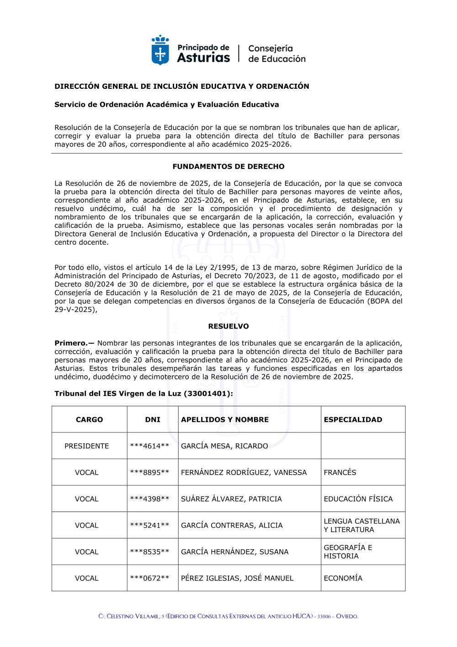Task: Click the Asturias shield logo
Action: click(x=160, y=51)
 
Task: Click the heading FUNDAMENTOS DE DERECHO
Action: click(x=228, y=167)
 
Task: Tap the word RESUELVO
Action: click(x=228, y=326)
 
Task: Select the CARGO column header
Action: click(x=90, y=420)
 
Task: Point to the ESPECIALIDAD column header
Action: click(x=353, y=420)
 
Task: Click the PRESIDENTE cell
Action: click(x=87, y=446)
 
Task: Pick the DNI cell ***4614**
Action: click(x=149, y=446)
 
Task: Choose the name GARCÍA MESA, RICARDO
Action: click(x=224, y=446)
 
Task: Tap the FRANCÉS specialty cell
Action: click(x=340, y=473)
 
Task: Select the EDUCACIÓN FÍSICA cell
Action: click(x=358, y=499)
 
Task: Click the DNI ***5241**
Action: click(x=149, y=526)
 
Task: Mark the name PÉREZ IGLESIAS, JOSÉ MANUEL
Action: click(x=237, y=578)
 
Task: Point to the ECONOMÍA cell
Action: click(x=343, y=578)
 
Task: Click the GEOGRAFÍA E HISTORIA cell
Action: click(x=348, y=552)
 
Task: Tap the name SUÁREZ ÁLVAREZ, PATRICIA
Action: click(x=231, y=499)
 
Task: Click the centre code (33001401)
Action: click(x=208, y=394)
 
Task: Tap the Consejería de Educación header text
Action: click(x=276, y=54)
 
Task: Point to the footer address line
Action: click(x=228, y=616)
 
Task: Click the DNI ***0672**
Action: click(x=149, y=578)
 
